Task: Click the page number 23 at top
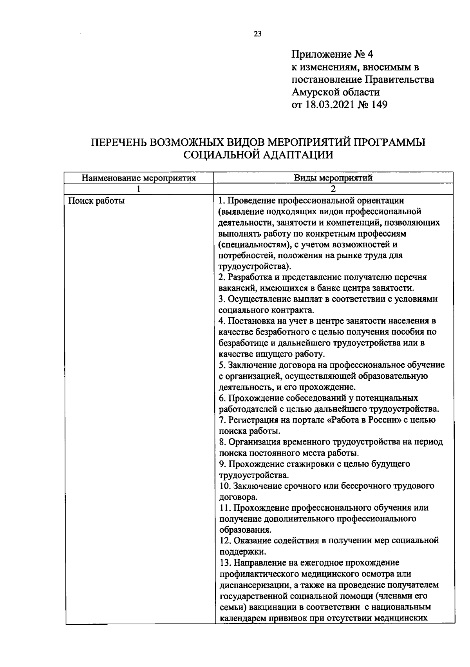(x=258, y=34)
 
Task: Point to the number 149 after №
(x=378, y=105)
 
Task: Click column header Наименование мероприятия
(x=139, y=178)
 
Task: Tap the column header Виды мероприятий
(x=333, y=178)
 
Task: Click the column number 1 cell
(x=139, y=189)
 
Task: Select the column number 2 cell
(x=333, y=189)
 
